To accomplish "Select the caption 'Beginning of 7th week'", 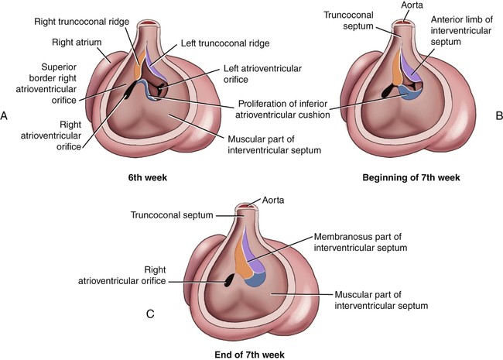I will pyautogui.click(x=411, y=178).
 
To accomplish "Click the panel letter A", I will pyautogui.click(x=5, y=116).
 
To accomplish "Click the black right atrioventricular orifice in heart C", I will pyautogui.click(x=230, y=280).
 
